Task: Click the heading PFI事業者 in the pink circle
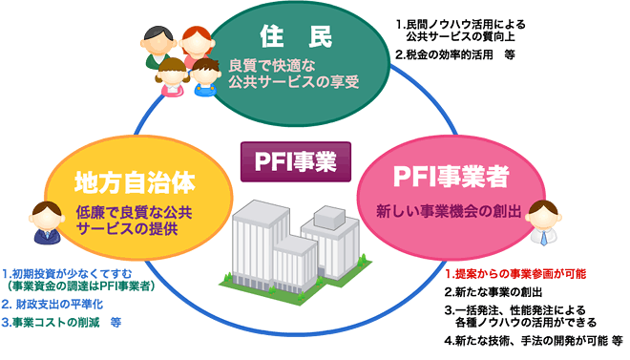tap(451, 177)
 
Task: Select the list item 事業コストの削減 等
tap(63, 322)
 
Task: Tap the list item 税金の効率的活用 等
tap(455, 54)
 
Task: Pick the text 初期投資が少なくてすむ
tap(67, 272)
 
